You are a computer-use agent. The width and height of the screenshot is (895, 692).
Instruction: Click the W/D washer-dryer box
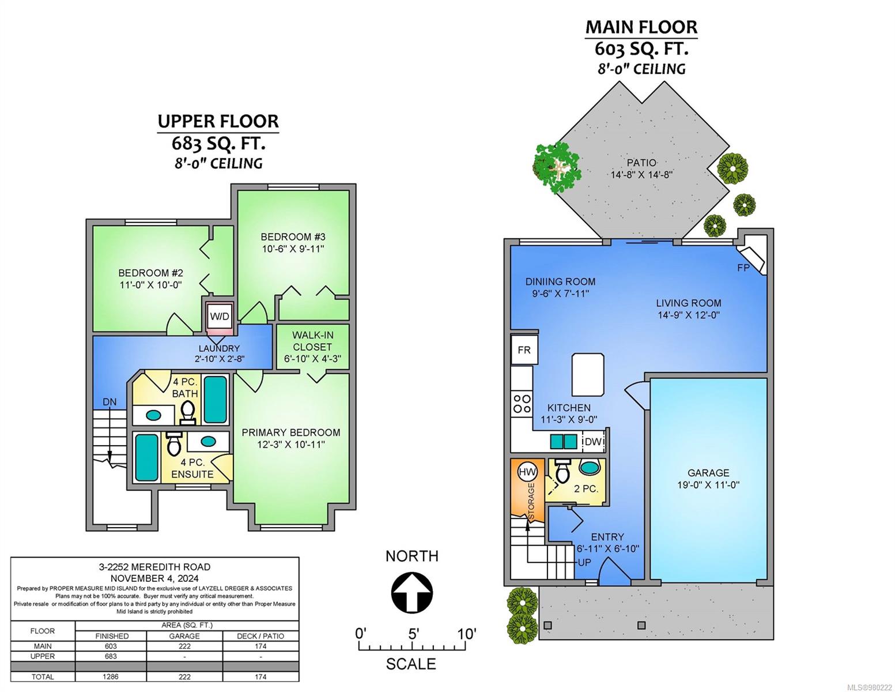point(220,316)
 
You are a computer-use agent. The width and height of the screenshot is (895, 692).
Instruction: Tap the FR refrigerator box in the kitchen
point(524,350)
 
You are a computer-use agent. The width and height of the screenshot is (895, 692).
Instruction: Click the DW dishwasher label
point(593,441)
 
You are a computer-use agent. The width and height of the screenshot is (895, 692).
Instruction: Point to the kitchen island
point(588,374)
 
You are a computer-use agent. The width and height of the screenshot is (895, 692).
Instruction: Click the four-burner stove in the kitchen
point(522,404)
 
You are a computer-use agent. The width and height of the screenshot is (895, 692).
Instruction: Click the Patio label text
point(641,163)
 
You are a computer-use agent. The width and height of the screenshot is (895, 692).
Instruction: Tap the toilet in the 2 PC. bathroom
point(562,472)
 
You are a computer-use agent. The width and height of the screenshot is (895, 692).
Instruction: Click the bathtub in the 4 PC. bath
point(216,400)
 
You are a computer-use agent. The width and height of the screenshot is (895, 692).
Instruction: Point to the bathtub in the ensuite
point(146,457)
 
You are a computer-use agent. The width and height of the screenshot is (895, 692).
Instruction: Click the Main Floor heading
point(641,27)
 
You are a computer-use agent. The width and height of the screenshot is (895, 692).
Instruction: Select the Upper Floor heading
point(218,121)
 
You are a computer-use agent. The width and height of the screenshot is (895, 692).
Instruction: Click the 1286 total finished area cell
point(111,676)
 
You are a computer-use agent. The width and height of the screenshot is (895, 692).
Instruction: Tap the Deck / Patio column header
point(260,636)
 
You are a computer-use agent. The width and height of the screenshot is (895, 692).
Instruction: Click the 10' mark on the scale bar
point(466,634)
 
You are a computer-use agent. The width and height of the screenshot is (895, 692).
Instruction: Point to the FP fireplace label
point(743,268)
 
